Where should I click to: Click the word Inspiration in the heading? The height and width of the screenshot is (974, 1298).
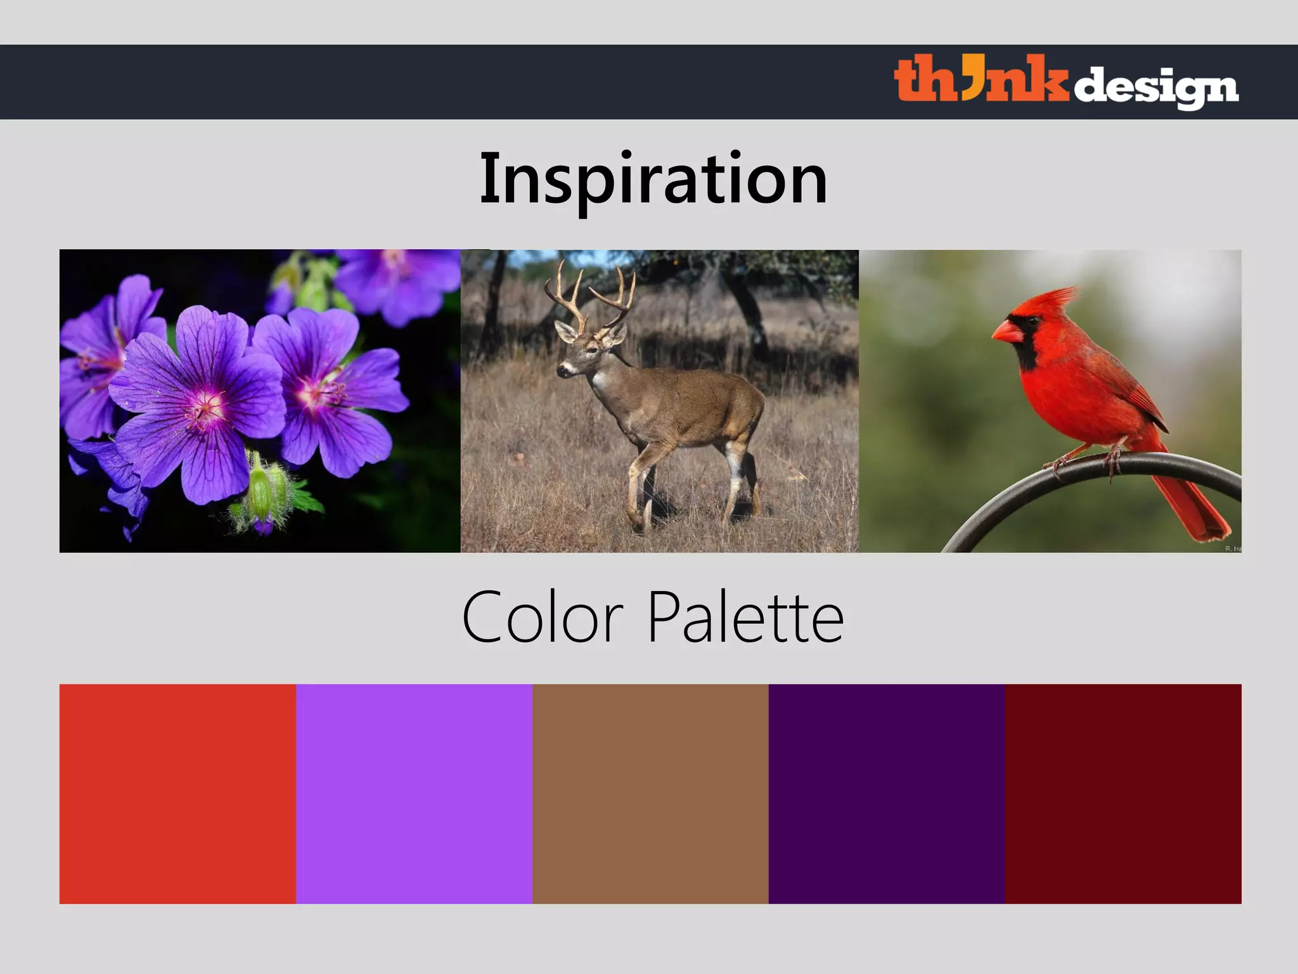coord(653,179)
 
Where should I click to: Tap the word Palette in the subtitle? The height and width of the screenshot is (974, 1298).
coord(745,616)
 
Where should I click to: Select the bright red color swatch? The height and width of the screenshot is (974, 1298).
coord(177,793)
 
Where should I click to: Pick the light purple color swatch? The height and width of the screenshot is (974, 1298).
coord(414,793)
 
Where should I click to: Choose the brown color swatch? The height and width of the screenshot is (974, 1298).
coord(650,793)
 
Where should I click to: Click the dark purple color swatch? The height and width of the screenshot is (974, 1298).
coord(887,793)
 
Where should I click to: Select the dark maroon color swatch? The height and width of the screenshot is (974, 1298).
coord(1123,793)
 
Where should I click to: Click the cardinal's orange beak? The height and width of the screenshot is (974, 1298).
coord(1006,332)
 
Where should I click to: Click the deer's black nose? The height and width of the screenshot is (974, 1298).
coord(560,371)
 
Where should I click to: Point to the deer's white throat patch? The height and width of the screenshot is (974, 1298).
coord(599,381)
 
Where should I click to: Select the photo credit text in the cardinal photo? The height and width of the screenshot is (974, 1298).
coord(1233,549)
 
